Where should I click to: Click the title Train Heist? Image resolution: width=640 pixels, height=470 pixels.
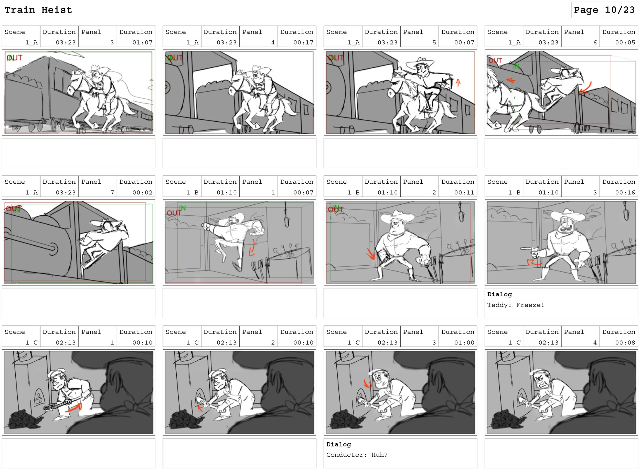tap(38, 10)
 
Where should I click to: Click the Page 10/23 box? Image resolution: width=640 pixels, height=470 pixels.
tap(604, 10)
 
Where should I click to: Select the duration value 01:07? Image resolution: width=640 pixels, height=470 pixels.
tap(142, 43)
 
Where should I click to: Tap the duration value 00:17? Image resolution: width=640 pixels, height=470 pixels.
tap(303, 43)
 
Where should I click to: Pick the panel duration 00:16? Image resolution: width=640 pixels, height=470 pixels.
tap(625, 193)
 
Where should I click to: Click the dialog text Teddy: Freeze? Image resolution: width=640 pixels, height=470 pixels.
tap(516, 305)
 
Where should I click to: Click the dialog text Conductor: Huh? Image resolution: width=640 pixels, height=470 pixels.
tap(357, 455)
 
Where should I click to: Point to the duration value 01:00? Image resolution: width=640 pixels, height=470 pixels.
tap(464, 343)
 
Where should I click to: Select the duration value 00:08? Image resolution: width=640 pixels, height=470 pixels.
tap(625, 343)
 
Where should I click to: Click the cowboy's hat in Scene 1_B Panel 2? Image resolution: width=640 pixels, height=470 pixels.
tap(398, 216)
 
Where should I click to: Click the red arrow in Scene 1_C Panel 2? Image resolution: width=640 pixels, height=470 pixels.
tap(200, 409)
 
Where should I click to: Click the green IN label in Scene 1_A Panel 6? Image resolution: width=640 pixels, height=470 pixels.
tap(516, 67)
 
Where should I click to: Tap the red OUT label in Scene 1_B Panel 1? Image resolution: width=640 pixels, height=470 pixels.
tap(174, 213)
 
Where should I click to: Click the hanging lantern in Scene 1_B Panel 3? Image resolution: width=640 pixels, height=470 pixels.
tap(625, 212)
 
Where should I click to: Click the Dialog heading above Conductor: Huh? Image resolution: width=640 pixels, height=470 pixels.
tap(338, 444)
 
